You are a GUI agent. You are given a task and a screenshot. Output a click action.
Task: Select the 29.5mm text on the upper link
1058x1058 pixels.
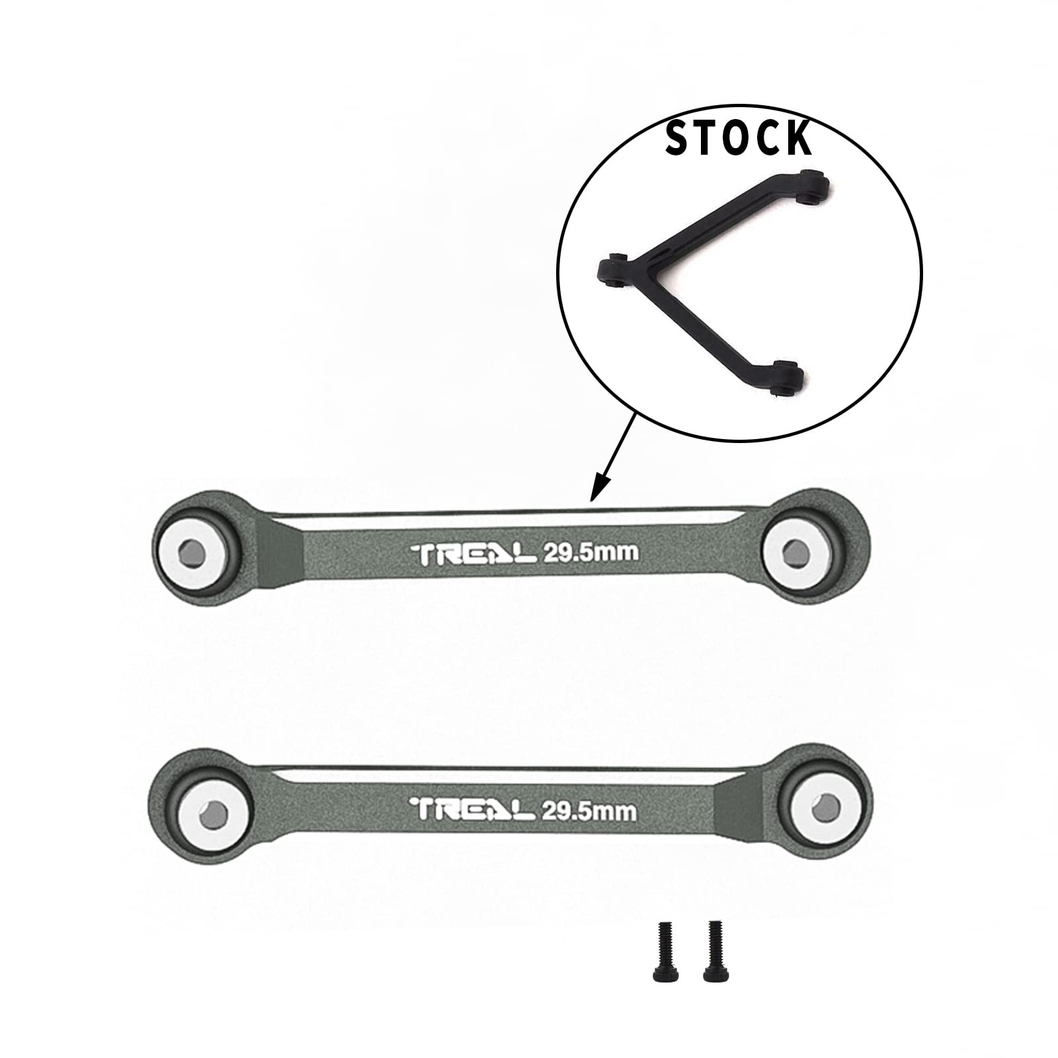[590, 552]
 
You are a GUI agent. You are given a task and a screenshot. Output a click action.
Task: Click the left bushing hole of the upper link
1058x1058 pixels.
[192, 551]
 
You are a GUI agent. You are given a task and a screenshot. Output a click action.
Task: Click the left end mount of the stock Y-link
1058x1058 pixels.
[610, 270]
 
